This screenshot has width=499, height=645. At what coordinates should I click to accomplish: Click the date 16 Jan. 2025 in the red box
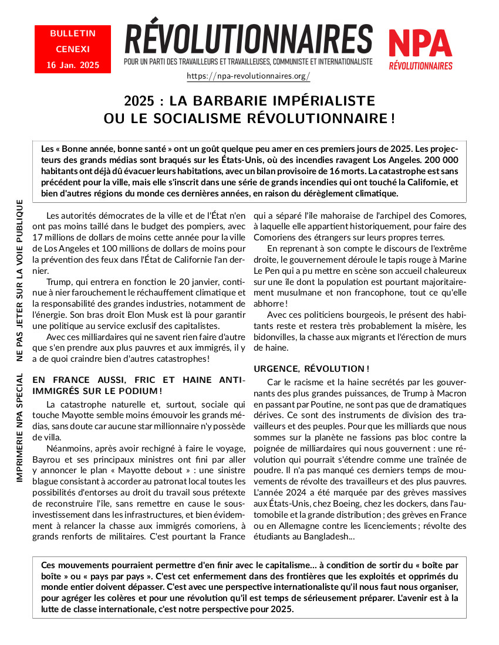[73, 64]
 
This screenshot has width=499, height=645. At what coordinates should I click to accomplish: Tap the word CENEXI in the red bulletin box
[73, 49]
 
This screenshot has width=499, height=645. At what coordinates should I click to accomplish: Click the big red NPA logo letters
[420, 43]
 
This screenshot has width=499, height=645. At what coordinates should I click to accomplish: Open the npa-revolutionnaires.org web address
[248, 76]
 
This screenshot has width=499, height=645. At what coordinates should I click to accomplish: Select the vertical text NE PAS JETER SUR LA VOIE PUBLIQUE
[20, 280]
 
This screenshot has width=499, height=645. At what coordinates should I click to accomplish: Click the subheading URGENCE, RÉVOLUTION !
[311, 369]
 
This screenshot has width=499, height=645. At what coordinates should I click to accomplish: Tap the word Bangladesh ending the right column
[327, 537]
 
